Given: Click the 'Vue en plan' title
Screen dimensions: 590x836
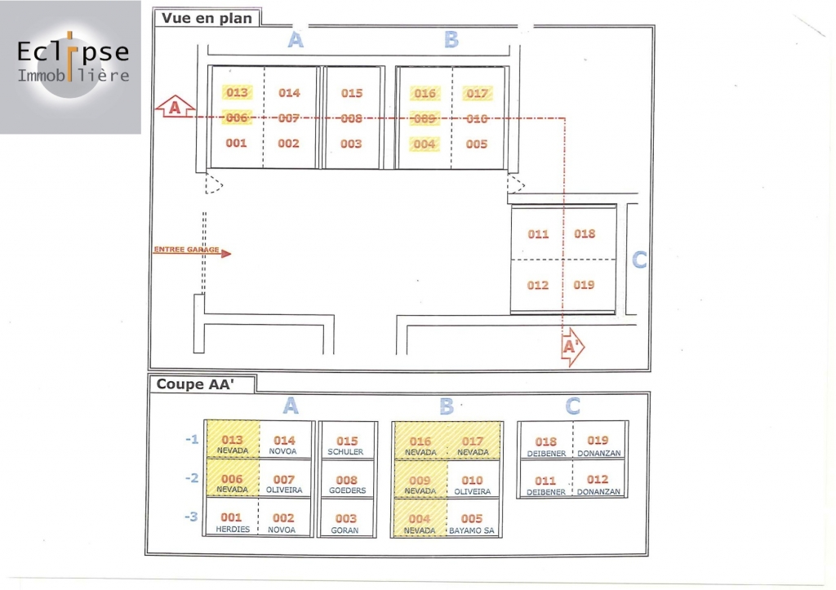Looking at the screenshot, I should [x=207, y=18].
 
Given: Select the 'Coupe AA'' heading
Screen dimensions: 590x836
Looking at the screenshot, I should [x=195, y=384].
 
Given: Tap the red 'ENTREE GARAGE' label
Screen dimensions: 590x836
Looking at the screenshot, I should [x=186, y=250].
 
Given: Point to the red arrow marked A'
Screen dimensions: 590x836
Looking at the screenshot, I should [x=573, y=348].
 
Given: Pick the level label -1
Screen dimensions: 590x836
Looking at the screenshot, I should [x=192, y=439].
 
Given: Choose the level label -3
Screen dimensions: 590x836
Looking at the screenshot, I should [x=192, y=516].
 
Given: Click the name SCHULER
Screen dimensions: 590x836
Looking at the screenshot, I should [x=346, y=452].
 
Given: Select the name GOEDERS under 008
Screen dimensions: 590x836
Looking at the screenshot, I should [x=346, y=490].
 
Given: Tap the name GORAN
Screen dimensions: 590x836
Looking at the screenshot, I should [x=346, y=530].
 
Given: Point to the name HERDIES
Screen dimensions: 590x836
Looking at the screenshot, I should [x=232, y=530].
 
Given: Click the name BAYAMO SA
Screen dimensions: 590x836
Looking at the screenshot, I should [x=472, y=530].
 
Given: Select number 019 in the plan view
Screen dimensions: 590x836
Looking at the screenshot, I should [x=584, y=285].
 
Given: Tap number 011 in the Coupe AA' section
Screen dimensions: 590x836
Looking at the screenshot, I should [x=545, y=481].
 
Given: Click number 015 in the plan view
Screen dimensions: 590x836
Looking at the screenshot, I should [x=352, y=93].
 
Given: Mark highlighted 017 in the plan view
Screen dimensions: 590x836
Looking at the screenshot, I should [x=477, y=93].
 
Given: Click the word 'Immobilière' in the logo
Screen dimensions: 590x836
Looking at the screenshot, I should [x=73, y=76].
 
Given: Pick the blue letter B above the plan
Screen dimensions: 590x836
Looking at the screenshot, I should [x=451, y=40].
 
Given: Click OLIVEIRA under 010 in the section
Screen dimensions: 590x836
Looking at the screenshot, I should [x=472, y=491].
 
